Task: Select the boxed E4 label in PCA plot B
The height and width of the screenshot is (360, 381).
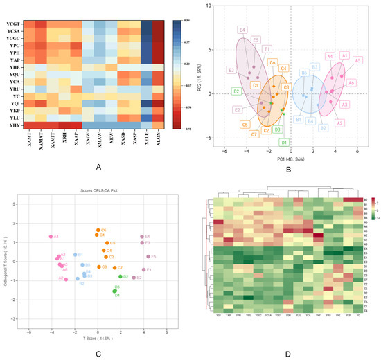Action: click(x=242, y=30)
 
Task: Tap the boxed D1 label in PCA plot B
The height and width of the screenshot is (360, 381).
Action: click(x=283, y=142)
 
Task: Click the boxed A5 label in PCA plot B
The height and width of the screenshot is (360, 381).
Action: click(x=357, y=60)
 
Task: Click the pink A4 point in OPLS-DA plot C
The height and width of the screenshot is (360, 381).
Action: click(x=51, y=237)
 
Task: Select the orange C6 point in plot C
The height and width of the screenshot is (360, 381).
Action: click(x=98, y=230)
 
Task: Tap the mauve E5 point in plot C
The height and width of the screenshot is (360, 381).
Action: click(x=145, y=257)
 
